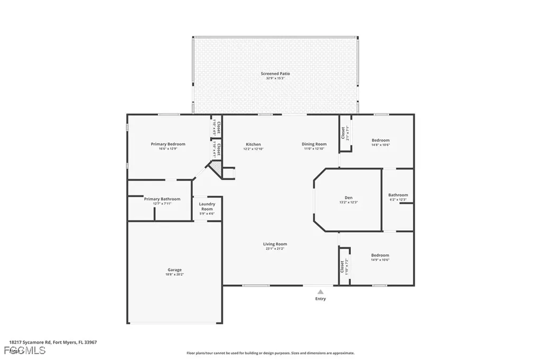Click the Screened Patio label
(275, 73)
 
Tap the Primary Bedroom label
(168, 144)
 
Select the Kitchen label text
(253, 144)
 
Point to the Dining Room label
(314, 144)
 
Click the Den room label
(349, 197)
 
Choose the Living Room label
(275, 244)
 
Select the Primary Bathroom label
(162, 199)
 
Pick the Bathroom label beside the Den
(398, 195)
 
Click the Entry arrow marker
(320, 291)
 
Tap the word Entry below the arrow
(321, 299)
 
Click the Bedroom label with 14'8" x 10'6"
(380, 140)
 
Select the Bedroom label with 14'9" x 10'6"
(380, 255)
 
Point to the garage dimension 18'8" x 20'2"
(175, 274)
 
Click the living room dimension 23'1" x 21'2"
(275, 249)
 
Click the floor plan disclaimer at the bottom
(270, 353)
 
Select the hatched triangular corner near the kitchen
(216, 168)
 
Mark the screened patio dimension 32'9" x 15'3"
(275, 78)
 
